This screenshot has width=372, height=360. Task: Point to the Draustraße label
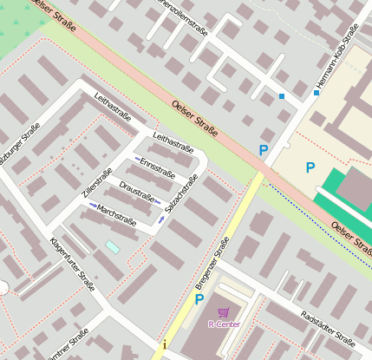137,191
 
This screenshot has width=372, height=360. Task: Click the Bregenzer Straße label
211,265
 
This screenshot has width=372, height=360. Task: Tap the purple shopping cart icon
224,312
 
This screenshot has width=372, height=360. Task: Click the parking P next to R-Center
199,300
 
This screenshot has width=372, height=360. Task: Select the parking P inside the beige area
310,167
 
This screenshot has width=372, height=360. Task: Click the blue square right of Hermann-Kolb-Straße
317,93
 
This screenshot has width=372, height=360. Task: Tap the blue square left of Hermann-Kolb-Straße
282,96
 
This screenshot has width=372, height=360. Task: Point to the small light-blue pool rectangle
113,247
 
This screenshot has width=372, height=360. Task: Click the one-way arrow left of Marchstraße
94,206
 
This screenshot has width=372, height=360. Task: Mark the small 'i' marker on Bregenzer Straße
165,345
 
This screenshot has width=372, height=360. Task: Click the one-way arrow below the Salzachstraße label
162,219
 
